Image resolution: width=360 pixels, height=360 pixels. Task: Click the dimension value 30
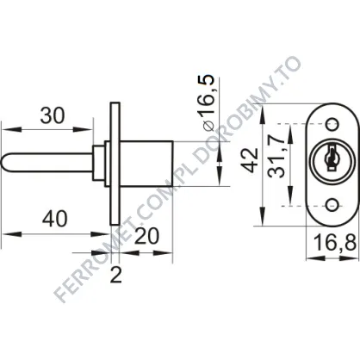click(x=53, y=115)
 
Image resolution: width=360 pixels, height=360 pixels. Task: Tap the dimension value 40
click(x=54, y=219)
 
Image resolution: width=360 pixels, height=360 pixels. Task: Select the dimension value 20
click(x=146, y=236)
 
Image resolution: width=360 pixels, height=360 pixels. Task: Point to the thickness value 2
click(x=116, y=275)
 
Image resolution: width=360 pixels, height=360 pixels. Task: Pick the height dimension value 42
click(x=250, y=160)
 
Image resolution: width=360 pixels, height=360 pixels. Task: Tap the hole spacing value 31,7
click(x=276, y=157)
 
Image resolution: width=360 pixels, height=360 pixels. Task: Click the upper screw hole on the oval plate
click(x=332, y=124)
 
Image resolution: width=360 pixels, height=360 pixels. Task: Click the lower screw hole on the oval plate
click(x=332, y=206)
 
